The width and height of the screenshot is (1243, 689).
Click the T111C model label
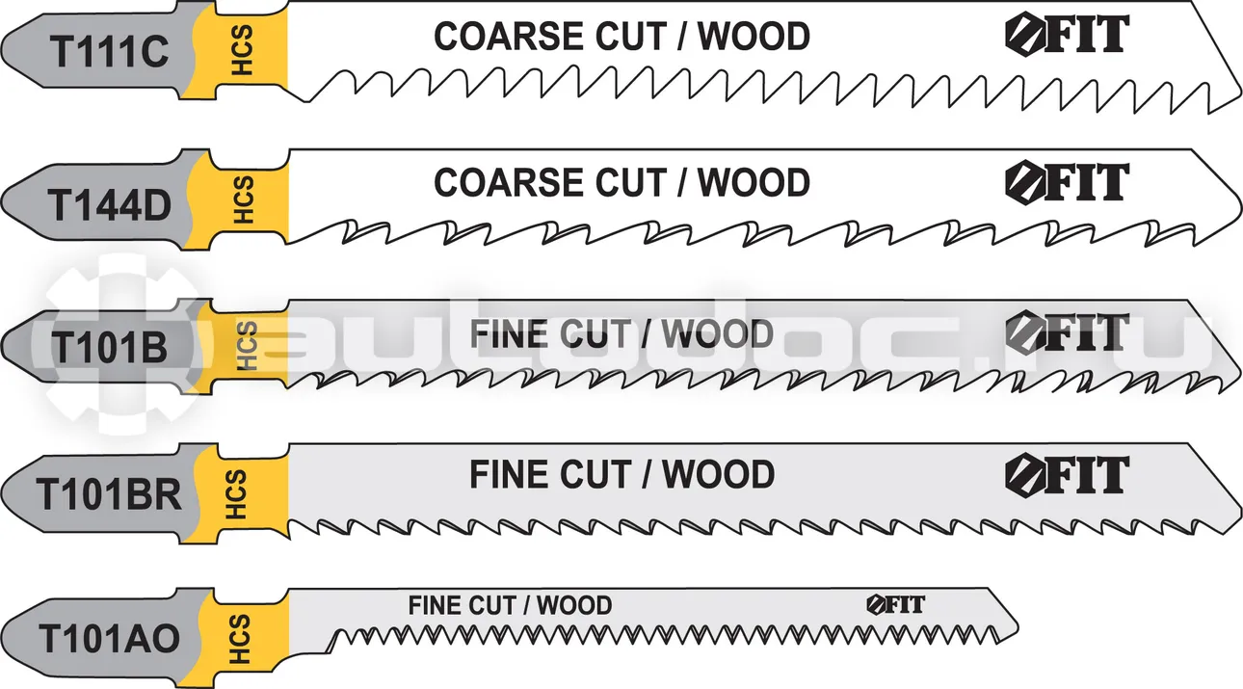click(x=109, y=52)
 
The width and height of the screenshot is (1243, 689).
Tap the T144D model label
click(x=109, y=204)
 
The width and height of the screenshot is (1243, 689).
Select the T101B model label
click(x=109, y=347)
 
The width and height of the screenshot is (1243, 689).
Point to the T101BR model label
click(x=109, y=494)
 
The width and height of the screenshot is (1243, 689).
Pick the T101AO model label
click(x=109, y=639)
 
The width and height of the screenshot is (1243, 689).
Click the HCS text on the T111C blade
click(x=243, y=50)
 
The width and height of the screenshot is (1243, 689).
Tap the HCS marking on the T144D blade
click(x=243, y=200)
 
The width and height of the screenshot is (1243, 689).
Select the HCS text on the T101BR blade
click(x=236, y=495)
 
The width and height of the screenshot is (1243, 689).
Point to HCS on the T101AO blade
click(x=240, y=639)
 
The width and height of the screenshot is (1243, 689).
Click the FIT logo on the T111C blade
click(x=1067, y=34)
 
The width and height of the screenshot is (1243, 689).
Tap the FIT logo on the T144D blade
click(x=1067, y=182)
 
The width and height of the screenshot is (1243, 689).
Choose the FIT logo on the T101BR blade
click(x=1067, y=474)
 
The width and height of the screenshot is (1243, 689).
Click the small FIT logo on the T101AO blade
click(x=895, y=604)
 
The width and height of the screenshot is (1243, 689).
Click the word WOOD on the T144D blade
click(x=754, y=182)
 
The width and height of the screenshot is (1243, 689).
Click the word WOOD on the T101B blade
click(x=717, y=334)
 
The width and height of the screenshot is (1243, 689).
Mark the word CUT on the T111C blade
click(x=631, y=37)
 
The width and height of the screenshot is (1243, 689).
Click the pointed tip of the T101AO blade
click(x=1018, y=628)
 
